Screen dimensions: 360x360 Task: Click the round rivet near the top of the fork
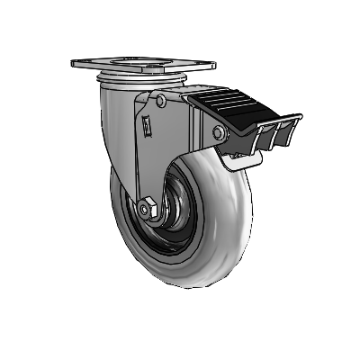(158, 102)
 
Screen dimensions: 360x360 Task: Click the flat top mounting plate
(144, 65)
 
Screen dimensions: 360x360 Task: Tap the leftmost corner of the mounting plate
(73, 64)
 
